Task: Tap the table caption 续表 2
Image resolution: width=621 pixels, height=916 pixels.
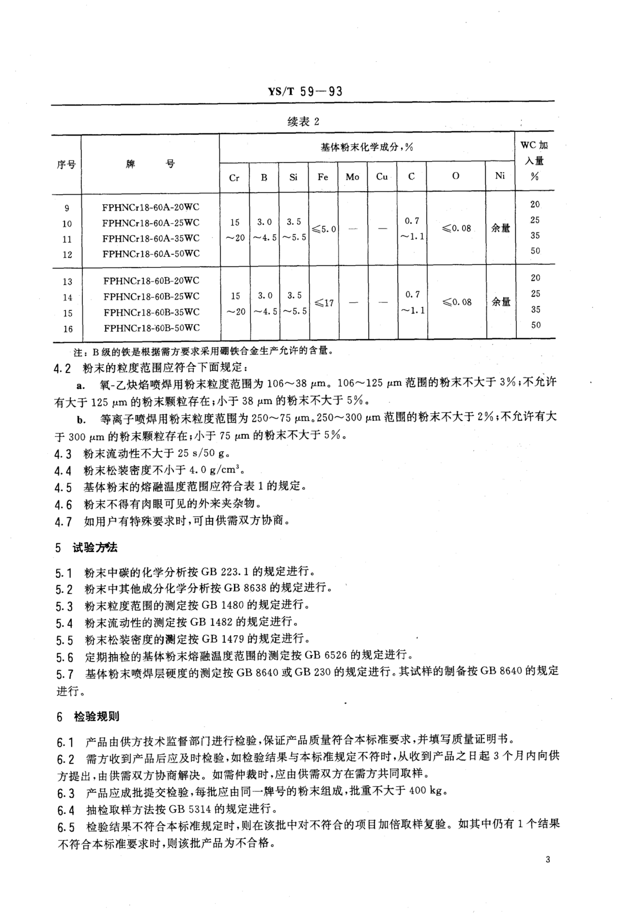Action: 303,122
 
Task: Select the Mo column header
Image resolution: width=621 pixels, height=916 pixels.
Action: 352,177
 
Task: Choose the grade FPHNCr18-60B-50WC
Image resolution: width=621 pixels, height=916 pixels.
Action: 152,328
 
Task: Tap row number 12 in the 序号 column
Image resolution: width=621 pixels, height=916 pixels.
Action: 67,255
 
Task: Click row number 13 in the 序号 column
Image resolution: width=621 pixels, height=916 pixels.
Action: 67,281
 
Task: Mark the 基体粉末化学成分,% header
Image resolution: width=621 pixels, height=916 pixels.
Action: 366,147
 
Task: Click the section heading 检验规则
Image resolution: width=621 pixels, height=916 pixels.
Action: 97,716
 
